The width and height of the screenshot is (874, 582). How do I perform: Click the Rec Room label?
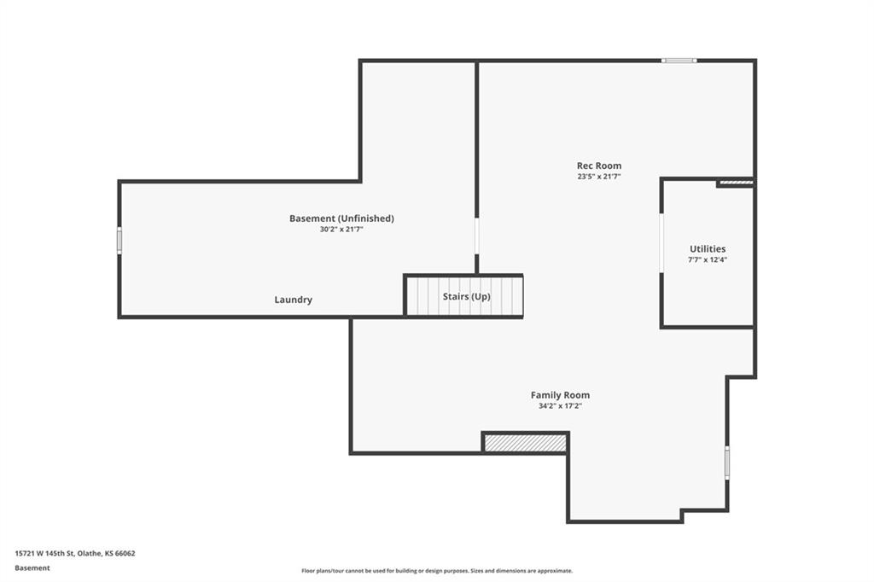(x=598, y=166)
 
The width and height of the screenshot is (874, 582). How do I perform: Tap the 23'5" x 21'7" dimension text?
(x=598, y=177)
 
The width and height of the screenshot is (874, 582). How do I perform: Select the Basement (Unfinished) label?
(x=341, y=218)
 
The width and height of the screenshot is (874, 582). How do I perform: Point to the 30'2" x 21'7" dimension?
(x=341, y=229)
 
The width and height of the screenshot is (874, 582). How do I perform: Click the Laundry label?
(x=294, y=300)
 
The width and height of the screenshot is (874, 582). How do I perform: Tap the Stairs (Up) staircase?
(x=463, y=296)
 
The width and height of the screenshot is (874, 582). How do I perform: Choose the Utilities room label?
(x=708, y=249)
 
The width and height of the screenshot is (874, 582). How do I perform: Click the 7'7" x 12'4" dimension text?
(x=708, y=259)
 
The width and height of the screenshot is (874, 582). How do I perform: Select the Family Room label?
(x=560, y=395)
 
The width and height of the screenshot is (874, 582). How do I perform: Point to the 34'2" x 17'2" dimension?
(x=560, y=406)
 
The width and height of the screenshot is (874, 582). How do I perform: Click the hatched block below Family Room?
(x=525, y=443)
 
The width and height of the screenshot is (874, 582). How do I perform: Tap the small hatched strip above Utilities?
(x=736, y=182)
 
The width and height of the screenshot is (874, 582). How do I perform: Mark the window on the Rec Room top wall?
(x=679, y=61)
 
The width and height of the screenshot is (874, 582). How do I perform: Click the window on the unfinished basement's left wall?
(x=119, y=241)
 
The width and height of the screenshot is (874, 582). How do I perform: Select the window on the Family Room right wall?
(x=727, y=462)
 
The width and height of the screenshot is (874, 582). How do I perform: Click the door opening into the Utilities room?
(x=661, y=242)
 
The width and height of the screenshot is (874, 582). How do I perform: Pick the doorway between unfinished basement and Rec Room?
(x=476, y=236)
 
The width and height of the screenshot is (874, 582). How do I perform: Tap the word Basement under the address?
(x=32, y=568)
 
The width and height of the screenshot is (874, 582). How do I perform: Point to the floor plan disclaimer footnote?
(x=437, y=571)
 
